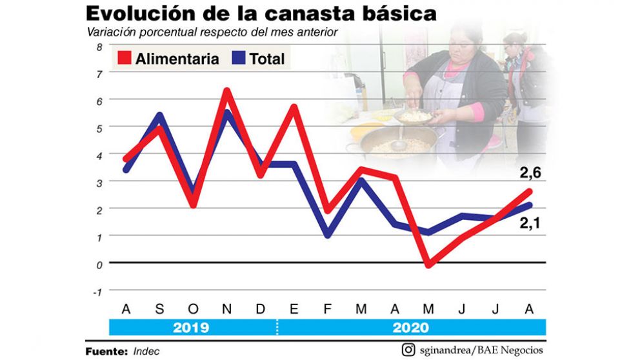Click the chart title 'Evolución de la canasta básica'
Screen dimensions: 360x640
[261, 14]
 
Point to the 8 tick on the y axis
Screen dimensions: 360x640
[99, 46]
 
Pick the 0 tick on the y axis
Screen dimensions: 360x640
[99, 264]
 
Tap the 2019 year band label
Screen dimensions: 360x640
[192, 327]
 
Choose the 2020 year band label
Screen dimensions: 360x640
[410, 327]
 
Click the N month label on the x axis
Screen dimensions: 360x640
[226, 309]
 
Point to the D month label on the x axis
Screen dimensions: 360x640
[261, 309]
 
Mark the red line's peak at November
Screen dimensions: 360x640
[226, 91]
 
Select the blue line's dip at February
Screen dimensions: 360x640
[328, 235]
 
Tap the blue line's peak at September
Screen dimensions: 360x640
[159, 115]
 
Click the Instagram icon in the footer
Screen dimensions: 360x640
[408, 350]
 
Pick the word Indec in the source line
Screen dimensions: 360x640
[147, 352]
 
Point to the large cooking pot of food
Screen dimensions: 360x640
[393, 145]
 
